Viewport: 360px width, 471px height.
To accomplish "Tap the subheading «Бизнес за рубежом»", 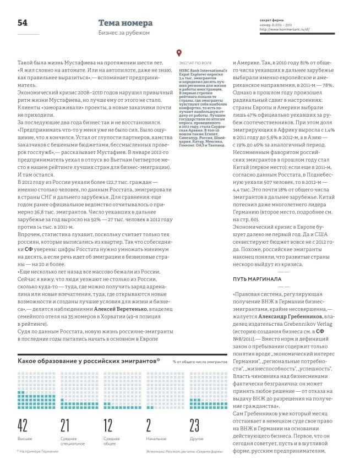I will coord(122,34).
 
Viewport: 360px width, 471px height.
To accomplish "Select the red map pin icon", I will coord(178,54).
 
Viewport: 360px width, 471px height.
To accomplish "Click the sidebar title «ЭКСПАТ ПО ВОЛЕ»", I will coord(197,64).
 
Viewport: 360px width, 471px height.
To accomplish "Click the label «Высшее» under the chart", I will coord(25,439).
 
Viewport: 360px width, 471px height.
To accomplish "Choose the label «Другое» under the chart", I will coord(197,439).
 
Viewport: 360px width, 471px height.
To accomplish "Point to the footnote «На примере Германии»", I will coord(39,451).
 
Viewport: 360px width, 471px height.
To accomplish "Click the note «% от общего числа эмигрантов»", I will coord(199,347).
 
